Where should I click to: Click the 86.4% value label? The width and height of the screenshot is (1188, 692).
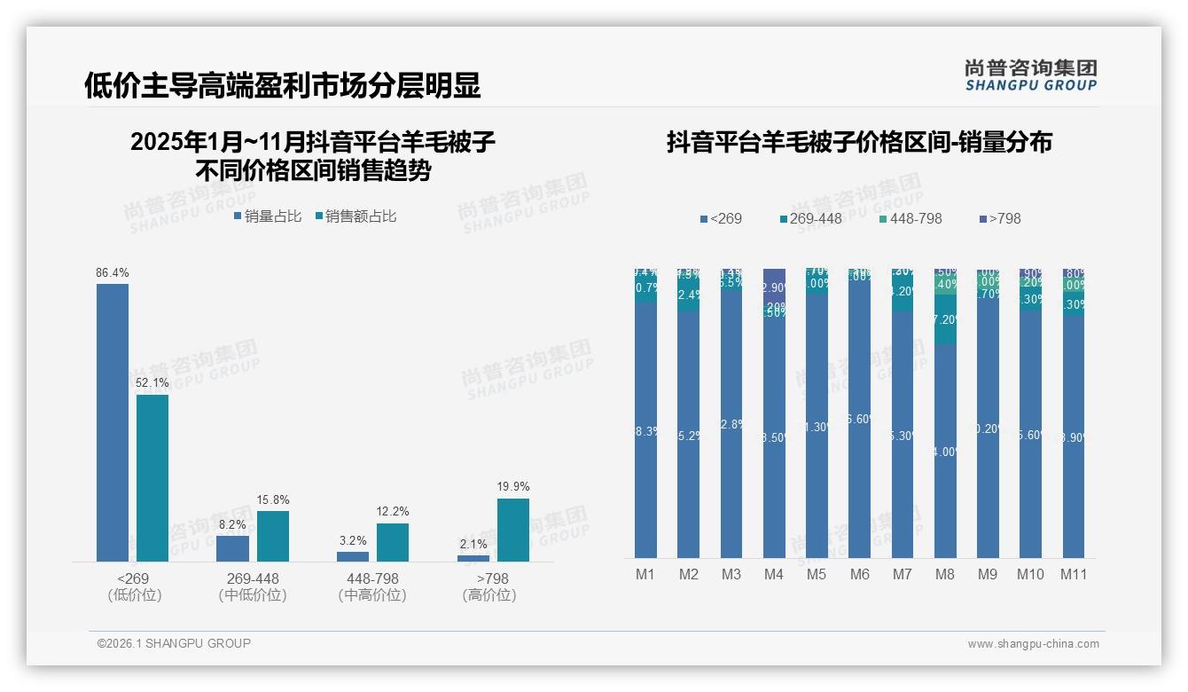point(113,272)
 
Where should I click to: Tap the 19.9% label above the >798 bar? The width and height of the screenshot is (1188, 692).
point(513,486)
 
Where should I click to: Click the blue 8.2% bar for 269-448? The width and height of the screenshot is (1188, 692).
point(233,548)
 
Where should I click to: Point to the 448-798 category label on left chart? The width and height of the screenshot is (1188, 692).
point(372,578)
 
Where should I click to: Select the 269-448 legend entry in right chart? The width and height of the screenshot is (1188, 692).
point(810,218)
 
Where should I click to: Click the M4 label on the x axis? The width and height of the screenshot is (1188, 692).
point(773,574)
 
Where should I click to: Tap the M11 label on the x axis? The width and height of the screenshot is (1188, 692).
point(1074,574)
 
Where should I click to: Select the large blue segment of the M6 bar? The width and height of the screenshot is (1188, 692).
point(860,426)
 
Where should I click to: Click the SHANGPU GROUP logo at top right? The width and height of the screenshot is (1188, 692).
point(1030,75)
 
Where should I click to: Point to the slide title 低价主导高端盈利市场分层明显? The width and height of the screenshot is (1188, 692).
point(282,85)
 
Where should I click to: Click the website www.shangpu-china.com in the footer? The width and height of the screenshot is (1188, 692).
point(1033,644)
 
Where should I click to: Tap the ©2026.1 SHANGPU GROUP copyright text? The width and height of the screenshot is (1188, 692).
point(174,643)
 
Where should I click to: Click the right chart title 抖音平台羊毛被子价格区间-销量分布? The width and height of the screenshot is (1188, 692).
point(859,143)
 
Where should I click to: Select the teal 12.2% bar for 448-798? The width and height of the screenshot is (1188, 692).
point(393,542)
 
